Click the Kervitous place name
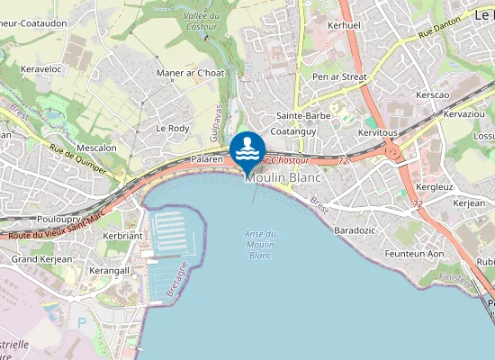[377, 132]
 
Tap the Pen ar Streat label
[339, 77]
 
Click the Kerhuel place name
[345, 26]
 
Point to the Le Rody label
[172, 129]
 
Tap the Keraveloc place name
[40, 67]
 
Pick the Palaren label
[206, 159]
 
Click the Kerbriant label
[123, 236]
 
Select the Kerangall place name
[111, 270]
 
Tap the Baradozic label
[355, 230]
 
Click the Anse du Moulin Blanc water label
[260, 245]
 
